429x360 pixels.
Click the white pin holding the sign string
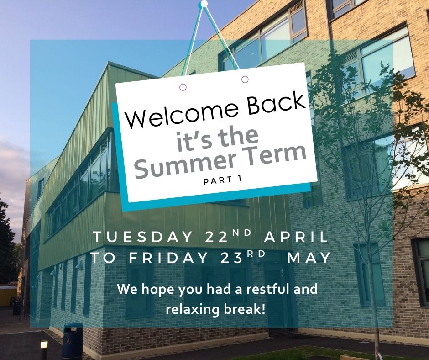tap(204, 4)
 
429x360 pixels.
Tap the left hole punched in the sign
tap(183, 87)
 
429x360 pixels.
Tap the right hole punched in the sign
tap(245, 79)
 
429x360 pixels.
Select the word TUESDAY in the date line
tap(143, 237)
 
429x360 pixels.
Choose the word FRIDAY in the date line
tap(169, 258)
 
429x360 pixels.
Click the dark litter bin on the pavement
tap(72, 340)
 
